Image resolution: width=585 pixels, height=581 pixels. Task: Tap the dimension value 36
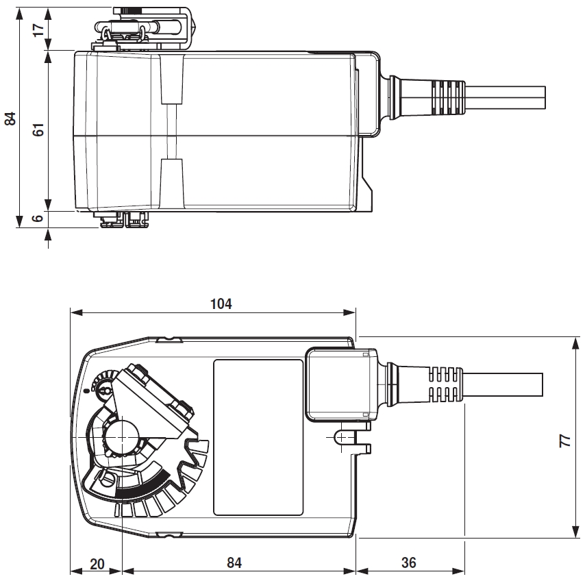[408, 563]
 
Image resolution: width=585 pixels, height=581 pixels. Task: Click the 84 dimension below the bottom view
[234, 563]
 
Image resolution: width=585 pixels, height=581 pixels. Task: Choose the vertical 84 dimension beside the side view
[10, 118]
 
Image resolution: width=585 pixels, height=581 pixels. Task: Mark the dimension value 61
[39, 129]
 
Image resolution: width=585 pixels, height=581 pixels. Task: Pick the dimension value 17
[39, 29]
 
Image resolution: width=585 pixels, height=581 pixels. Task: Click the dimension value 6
[39, 218]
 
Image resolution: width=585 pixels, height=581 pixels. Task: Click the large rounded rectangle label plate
[258, 436]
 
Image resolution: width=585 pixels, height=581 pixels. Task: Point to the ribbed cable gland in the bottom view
[443, 383]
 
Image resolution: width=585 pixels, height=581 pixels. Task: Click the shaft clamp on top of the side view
[144, 26]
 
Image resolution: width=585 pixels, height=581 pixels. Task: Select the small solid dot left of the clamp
[87, 390]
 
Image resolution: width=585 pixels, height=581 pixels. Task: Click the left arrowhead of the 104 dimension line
[75, 312]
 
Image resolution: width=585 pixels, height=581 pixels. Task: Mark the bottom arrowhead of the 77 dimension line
[573, 534]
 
